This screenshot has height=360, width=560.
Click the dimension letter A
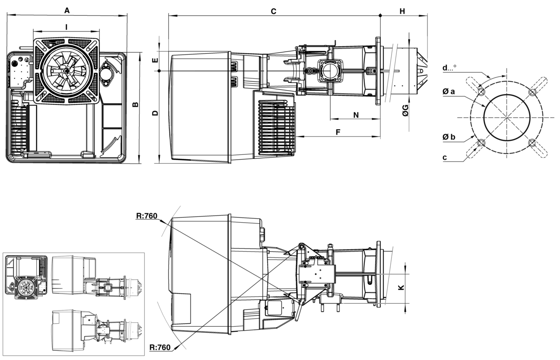[67, 10]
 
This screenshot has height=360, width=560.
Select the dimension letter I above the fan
[66, 27]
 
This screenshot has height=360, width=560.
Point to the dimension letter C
[273, 11]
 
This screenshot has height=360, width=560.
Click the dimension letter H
[402, 11]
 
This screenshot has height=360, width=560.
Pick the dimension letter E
[155, 60]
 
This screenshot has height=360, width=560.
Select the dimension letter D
[155, 113]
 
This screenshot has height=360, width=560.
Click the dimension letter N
[356, 115]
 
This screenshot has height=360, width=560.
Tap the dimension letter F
[338, 132]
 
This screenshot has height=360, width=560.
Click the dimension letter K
[401, 287]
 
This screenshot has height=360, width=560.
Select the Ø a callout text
[448, 91]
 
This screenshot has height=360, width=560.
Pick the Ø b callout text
[449, 137]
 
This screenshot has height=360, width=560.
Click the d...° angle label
[449, 68]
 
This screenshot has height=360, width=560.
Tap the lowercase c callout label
[444, 157]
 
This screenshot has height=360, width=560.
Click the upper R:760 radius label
[147, 216]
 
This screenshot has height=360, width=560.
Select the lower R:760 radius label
[160, 347]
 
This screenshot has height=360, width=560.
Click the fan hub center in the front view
[66, 70]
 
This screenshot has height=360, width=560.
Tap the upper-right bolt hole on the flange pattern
[532, 92]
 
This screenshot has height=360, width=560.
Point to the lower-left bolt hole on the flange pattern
[481, 143]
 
